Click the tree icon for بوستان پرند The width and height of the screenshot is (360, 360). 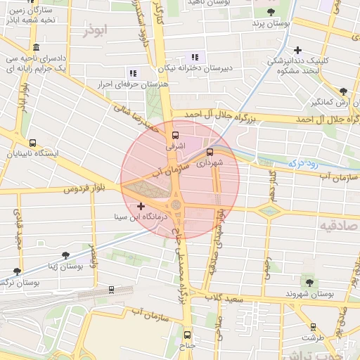tap(270, 11)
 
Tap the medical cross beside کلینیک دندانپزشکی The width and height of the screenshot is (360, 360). tap(298, 50)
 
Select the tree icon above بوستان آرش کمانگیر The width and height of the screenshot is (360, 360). tap(343, 91)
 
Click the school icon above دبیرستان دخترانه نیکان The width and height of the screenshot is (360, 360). tap(195, 57)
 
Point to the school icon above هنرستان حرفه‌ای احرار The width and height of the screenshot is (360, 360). tap(131, 72)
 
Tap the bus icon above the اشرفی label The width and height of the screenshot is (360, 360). tap(174, 135)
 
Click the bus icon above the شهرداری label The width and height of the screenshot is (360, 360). tap(210, 151)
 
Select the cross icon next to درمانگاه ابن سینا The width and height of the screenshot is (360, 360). tap(141, 207)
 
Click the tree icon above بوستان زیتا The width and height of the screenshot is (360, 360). tap(65, 256)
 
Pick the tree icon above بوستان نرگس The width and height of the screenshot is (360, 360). tap(17, 271)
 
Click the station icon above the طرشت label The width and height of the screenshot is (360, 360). tap(313, 326)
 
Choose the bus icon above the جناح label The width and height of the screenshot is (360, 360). tap(187, 334)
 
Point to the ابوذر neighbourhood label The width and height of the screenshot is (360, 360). tap(96, 30)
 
